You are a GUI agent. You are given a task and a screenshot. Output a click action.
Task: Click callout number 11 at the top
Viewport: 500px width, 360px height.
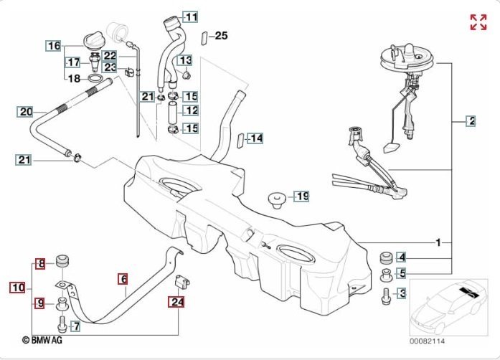tap(191, 16)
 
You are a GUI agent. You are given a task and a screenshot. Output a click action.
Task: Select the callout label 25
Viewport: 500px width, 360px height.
tap(221, 35)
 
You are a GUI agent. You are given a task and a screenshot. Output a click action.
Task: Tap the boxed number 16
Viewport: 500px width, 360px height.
tap(54, 47)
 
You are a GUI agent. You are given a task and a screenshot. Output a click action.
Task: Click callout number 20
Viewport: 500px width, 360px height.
tap(26, 112)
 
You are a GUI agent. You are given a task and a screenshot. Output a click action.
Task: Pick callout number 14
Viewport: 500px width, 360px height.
tap(256, 138)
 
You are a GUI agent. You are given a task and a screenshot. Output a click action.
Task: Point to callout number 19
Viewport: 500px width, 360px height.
tap(302, 195)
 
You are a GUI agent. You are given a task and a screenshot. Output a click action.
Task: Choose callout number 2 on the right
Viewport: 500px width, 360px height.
tap(471, 120)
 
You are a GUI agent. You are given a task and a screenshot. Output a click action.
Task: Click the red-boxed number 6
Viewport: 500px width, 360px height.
tap(123, 278)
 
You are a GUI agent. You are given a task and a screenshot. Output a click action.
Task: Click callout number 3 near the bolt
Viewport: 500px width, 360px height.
tap(402, 293)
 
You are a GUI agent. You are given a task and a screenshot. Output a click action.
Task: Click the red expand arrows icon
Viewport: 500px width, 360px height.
tap(478, 22)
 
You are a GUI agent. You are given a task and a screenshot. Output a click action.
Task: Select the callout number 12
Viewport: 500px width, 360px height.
tap(192, 110)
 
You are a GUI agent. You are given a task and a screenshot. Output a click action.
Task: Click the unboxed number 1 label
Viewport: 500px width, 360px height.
tap(438, 241)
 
